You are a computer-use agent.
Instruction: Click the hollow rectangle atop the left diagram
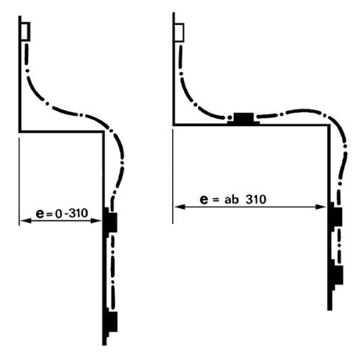tap(25, 32)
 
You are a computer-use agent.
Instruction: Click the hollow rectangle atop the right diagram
tap(179, 32)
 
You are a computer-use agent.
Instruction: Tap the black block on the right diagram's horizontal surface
tap(243, 119)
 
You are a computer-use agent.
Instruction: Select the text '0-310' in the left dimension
tap(71, 213)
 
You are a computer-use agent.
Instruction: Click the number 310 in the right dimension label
tap(256, 199)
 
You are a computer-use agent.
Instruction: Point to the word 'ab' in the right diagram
tap(231, 199)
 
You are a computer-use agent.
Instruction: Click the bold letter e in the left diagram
tap(40, 214)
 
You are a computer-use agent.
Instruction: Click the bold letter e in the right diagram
tap(204, 199)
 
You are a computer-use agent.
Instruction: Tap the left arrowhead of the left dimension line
tap(26, 220)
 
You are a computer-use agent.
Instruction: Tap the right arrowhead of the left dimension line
tap(96, 220)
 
